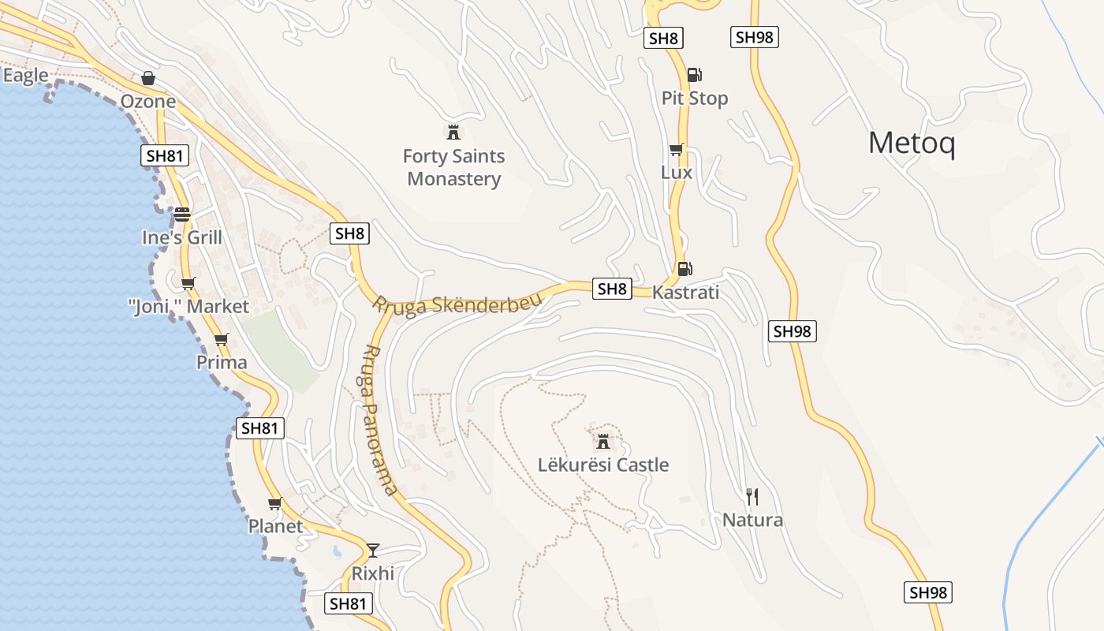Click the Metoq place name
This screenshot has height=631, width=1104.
(x=912, y=144)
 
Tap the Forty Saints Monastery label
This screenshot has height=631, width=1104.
(x=453, y=167)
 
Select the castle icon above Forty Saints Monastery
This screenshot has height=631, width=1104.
(x=453, y=132)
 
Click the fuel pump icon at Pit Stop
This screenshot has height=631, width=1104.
(x=694, y=75)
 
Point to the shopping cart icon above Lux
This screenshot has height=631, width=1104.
(x=676, y=149)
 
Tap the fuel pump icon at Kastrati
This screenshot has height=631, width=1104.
(x=684, y=268)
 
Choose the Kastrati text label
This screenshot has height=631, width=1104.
(x=685, y=293)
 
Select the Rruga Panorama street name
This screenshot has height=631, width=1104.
(x=380, y=420)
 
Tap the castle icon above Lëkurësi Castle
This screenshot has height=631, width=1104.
(x=603, y=441)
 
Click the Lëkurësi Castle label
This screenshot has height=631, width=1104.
(x=603, y=465)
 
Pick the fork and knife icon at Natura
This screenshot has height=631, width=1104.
(x=752, y=496)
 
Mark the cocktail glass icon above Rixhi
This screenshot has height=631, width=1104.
(x=373, y=550)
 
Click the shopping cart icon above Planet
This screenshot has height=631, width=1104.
(x=274, y=503)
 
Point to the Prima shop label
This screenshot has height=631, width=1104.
(x=222, y=363)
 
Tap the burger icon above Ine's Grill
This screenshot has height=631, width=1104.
(x=182, y=214)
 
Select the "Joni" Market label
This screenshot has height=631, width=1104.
(x=188, y=306)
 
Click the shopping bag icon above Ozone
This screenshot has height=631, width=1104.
(x=147, y=78)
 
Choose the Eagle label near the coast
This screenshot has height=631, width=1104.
(x=26, y=76)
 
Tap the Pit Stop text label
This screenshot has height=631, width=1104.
(x=695, y=99)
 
